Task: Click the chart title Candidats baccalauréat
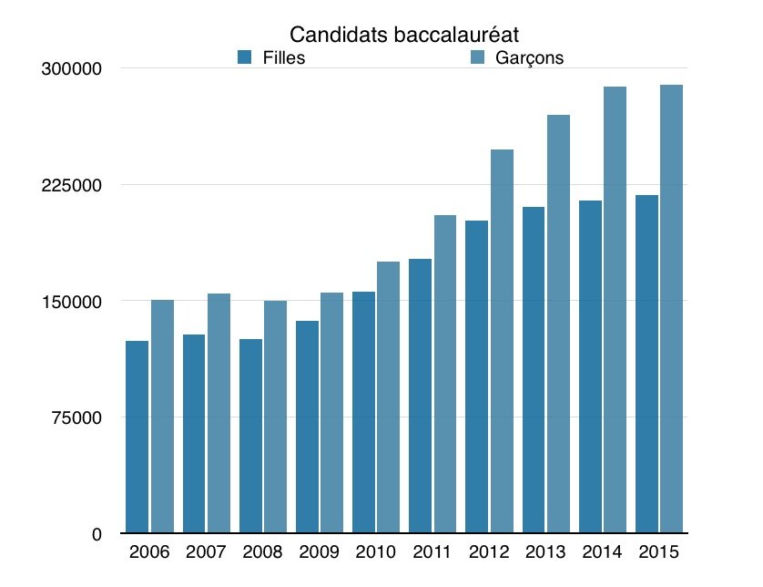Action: point(403,36)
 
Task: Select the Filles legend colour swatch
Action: point(244,57)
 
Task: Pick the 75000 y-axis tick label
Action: point(81,417)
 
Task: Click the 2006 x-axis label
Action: point(149,553)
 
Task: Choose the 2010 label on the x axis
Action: point(375,553)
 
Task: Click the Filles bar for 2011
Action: point(420,396)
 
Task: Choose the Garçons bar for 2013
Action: point(559,323)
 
